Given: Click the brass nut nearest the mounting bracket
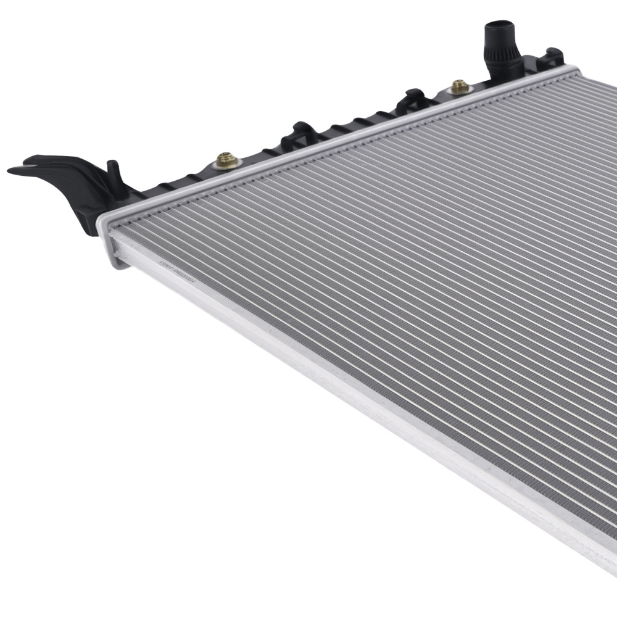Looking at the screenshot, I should point(226,162).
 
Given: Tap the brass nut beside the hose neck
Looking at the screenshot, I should point(460,86).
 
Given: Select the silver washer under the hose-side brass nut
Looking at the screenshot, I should point(460,91).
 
